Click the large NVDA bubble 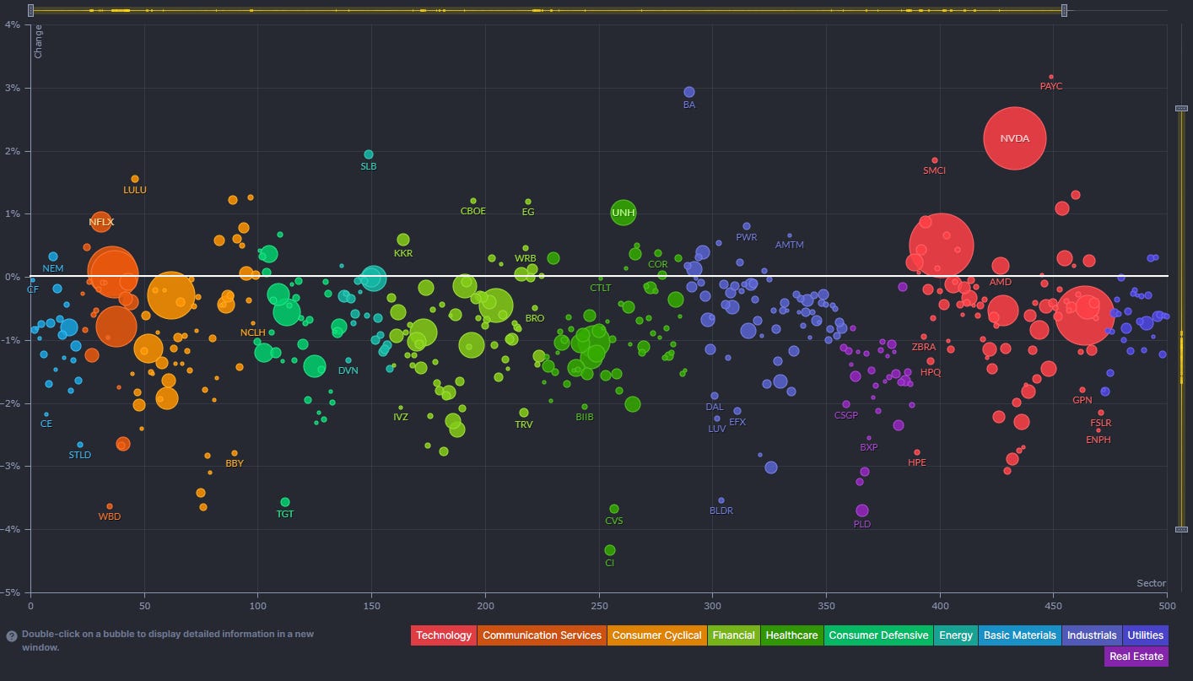click(1014, 138)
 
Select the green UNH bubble click(623, 213)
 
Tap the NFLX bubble click(101, 222)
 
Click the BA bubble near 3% click(688, 92)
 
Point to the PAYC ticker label click(1051, 86)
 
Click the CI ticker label click(610, 563)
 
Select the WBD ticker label click(110, 516)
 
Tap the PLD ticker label click(861, 524)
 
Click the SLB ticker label click(369, 166)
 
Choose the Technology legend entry click(444, 635)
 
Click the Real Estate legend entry click(1136, 657)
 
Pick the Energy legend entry click(955, 635)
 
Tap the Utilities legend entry click(1144, 635)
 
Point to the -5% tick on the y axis click(14, 592)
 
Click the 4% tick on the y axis click(14, 24)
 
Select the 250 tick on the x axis click(599, 605)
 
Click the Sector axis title click(1151, 583)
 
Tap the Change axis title click(38, 41)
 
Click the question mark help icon click(11, 635)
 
